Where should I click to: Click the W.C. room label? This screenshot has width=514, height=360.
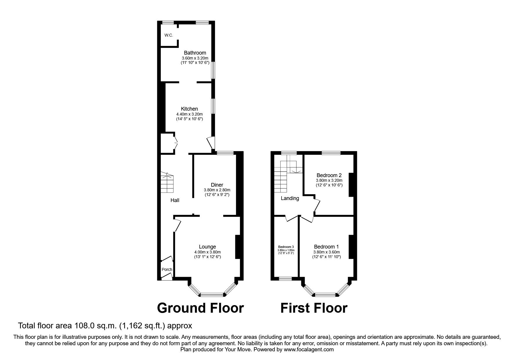coord(168,35)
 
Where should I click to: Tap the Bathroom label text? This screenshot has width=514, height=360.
coord(195,53)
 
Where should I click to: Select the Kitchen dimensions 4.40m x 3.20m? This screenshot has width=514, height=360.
coord(189,114)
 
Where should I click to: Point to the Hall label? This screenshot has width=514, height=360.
coord(175,200)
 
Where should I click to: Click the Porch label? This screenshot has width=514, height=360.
coord(167,269)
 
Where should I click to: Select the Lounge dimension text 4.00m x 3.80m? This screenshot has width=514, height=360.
coord(207,252)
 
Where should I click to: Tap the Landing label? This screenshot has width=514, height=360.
coord(290,198)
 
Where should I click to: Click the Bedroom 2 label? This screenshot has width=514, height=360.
coord(329,175)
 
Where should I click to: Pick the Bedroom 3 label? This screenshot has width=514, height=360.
coord(286,247)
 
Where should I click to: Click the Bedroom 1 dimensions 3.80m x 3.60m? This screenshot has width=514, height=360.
coord(326,252)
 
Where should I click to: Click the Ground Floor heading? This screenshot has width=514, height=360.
coord(200,308)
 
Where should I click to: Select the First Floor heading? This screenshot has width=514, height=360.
coord(314,308)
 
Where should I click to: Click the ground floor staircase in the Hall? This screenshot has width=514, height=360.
coord(167,183)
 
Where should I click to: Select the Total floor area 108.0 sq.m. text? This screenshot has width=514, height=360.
coord(105,326)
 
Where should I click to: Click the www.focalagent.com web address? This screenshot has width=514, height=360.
coord(309,350)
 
